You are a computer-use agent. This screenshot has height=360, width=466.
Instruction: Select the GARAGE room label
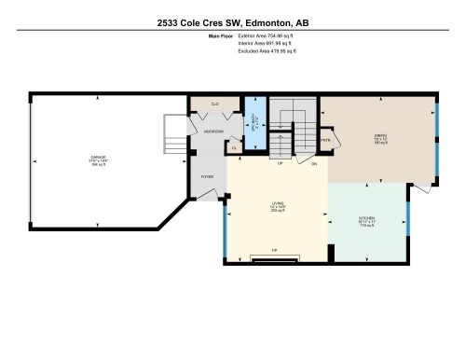[x=99, y=159]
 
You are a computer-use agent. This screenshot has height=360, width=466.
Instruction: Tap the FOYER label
[x=208, y=174]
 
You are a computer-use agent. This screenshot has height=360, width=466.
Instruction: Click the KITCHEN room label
[x=367, y=224]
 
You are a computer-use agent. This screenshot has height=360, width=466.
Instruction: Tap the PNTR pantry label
[x=326, y=142]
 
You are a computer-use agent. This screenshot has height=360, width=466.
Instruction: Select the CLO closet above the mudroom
[x=213, y=104]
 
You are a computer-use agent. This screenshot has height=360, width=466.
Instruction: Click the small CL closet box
[x=233, y=146]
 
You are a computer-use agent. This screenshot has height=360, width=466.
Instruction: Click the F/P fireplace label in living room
[x=274, y=250]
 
